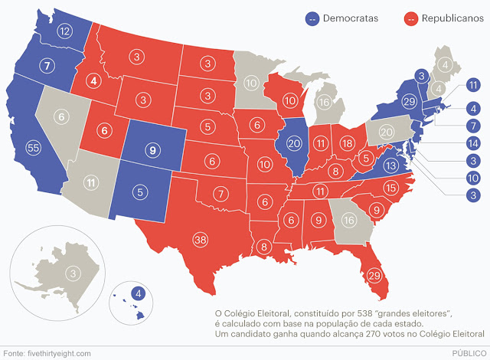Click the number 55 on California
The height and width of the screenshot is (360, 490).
[33, 146]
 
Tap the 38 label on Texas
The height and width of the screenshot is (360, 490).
[201, 240]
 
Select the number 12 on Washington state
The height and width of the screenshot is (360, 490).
[64, 31]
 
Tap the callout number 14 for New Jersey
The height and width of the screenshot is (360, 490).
[472, 143]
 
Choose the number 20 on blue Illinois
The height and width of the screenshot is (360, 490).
[294, 143]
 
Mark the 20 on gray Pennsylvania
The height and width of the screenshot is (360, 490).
[387, 132]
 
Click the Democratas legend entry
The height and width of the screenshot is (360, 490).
[348, 17]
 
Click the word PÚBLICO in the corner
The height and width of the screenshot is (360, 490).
[467, 352]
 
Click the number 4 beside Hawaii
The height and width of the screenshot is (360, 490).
[137, 292]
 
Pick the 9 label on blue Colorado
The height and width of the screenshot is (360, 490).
[153, 150]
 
